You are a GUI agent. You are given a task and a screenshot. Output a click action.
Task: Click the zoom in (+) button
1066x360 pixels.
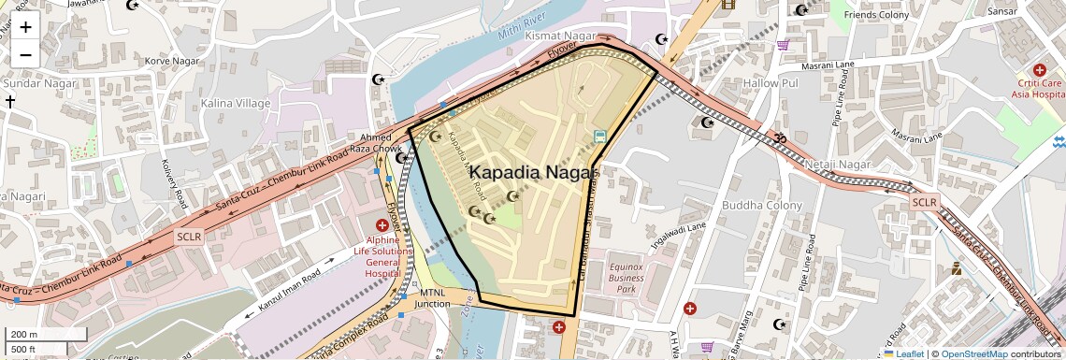point(25,26)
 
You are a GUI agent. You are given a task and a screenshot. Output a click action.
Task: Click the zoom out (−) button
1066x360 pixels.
point(25,54)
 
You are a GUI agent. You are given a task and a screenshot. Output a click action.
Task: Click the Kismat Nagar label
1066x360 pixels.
point(560,36)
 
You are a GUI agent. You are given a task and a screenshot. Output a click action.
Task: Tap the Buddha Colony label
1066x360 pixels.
point(762,206)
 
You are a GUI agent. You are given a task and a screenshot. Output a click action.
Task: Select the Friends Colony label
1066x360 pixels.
point(876,15)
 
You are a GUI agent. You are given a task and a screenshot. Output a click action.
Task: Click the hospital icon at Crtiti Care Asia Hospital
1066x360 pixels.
point(1039,70)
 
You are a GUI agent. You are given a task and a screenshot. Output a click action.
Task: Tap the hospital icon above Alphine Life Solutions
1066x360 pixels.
point(382,225)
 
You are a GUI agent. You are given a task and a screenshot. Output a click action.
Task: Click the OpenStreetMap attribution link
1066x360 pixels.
point(974,353)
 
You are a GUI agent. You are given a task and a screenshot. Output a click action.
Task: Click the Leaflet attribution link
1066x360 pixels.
point(903,353)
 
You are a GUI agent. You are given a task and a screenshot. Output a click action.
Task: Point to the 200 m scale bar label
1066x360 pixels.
point(24,335)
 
